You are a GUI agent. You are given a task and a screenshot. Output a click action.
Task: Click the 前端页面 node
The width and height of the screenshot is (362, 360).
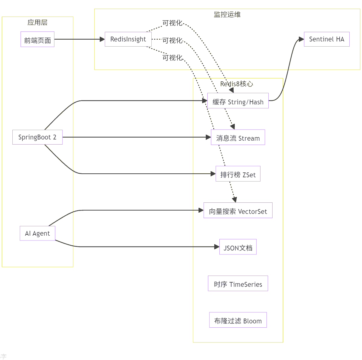37,39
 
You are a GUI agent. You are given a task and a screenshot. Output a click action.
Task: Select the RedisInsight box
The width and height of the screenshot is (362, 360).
128,39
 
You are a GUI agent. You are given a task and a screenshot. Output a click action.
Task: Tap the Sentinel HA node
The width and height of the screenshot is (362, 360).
326,39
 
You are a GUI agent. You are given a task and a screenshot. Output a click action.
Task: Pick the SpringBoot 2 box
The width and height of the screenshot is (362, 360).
37,137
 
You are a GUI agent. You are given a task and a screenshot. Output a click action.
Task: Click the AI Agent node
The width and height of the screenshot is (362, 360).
37,233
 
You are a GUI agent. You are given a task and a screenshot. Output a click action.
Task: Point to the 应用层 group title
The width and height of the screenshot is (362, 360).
37,22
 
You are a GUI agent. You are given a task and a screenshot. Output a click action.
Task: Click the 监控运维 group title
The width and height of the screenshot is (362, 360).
227,15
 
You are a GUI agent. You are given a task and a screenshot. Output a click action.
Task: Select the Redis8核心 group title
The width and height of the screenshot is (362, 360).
237,84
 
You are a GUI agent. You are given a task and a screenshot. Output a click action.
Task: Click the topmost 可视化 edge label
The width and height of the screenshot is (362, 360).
172,23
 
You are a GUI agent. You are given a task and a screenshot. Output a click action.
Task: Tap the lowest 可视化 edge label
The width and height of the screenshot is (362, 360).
172,58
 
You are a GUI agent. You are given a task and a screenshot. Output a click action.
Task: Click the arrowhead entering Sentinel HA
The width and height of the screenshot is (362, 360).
301,39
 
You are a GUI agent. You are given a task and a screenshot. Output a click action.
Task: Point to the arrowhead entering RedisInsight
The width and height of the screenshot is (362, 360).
102,39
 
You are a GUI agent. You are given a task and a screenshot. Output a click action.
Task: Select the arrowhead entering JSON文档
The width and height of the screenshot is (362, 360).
217,247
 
